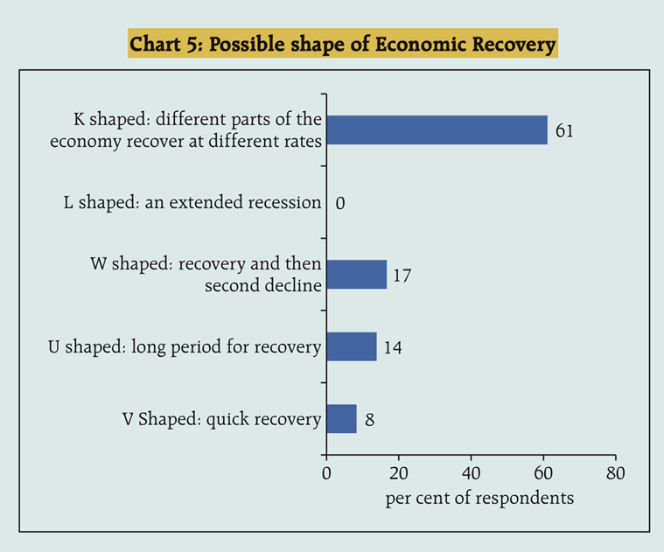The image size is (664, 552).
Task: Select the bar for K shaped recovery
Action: point(437,129)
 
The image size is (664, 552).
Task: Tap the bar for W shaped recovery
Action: point(356,275)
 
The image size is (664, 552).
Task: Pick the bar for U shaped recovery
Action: point(351,346)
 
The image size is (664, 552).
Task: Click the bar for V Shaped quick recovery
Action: point(341,419)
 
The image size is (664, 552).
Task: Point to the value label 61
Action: point(564,131)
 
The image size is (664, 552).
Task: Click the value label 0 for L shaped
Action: point(340,204)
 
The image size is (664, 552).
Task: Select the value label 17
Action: point(402,276)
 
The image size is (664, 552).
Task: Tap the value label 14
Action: point(392,347)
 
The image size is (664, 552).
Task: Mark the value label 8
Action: point(370,420)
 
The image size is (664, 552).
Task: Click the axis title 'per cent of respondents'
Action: point(479,498)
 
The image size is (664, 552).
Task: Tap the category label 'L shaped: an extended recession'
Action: point(192,203)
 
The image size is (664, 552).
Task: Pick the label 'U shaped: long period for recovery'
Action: point(185,347)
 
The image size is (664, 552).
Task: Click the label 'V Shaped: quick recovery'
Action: point(222,420)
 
